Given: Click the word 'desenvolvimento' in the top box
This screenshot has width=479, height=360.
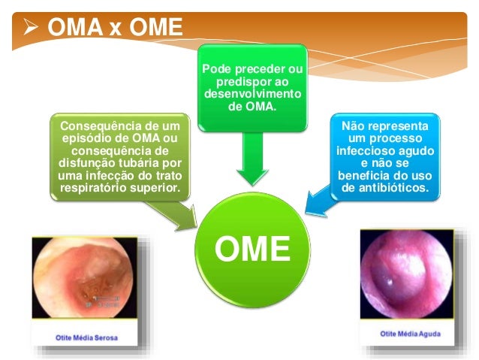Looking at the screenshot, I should click(x=252, y=94).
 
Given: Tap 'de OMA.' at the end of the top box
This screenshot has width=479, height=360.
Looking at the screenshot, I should click(x=252, y=107).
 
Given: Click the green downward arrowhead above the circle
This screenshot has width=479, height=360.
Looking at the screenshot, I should click(x=252, y=175).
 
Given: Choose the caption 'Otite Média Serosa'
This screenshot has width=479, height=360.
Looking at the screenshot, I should click(x=86, y=338).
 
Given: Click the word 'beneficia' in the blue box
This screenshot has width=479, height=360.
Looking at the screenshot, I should click(x=369, y=174).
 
